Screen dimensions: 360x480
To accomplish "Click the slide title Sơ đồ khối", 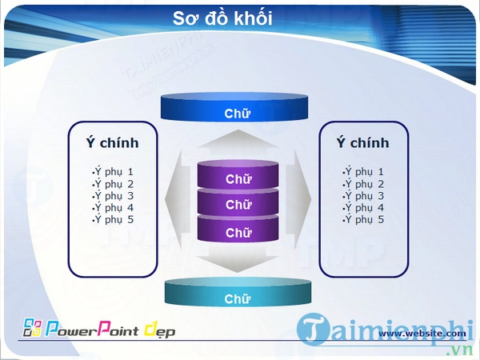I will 222,18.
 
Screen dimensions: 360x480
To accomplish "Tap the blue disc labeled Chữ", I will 237,112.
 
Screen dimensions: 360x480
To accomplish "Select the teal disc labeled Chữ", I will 237,298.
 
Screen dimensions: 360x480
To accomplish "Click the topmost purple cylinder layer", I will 238,178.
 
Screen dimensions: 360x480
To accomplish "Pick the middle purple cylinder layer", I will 238,205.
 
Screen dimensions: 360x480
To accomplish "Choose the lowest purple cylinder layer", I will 238,232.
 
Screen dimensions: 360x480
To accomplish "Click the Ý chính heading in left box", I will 112,143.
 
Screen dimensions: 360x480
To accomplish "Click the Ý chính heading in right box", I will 362,143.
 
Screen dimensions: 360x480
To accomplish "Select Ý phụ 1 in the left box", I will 113,172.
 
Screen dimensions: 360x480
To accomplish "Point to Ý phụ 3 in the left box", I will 113,196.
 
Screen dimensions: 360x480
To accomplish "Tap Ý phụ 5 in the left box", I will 113,220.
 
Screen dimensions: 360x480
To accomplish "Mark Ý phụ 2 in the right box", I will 364,184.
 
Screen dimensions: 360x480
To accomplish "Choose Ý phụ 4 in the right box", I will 364,208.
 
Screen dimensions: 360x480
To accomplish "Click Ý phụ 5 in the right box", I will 364,220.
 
